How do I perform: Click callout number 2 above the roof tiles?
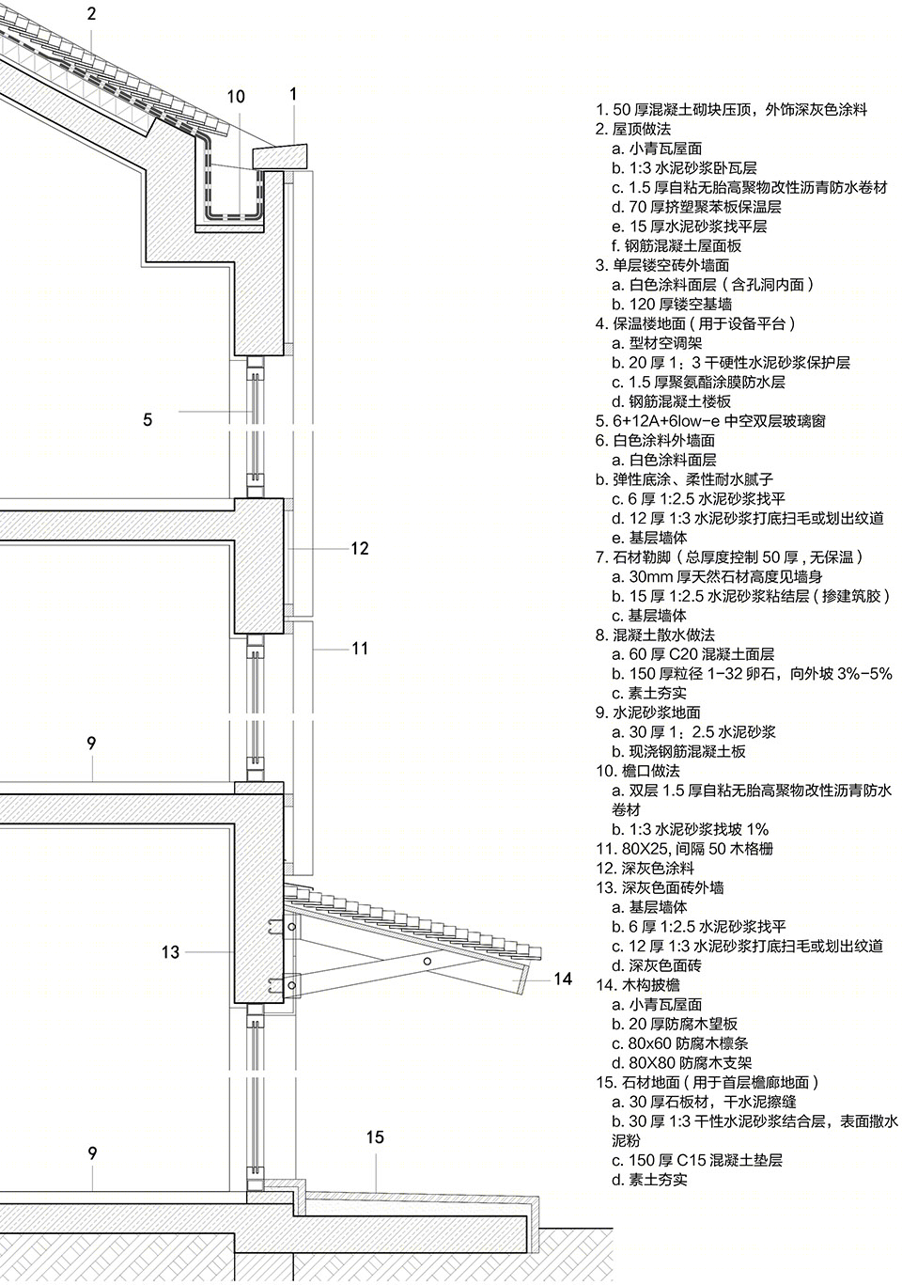tap(92, 13)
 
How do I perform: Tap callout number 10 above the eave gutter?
tap(236, 97)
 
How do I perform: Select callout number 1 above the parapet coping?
tap(293, 94)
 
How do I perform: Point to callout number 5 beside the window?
tap(148, 420)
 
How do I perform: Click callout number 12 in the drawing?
tap(360, 548)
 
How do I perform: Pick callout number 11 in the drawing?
tap(360, 649)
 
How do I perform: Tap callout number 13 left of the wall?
tap(170, 952)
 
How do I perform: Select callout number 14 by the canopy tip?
tap(563, 979)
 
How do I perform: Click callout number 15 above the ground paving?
tap(375, 1137)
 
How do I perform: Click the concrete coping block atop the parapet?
tap(280, 156)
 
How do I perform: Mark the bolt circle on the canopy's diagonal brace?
tap(428, 962)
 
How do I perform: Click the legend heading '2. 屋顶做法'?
tap(633, 129)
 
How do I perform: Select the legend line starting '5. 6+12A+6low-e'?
tap(710, 421)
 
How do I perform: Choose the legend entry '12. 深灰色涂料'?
tap(645, 868)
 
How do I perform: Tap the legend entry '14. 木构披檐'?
tap(638, 985)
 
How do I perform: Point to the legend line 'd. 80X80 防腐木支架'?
tap(682, 1063)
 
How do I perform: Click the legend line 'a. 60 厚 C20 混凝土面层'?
tap(693, 654)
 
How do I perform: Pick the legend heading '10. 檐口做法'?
tap(638, 771)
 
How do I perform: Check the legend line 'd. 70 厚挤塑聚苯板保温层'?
tap(697, 207)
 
